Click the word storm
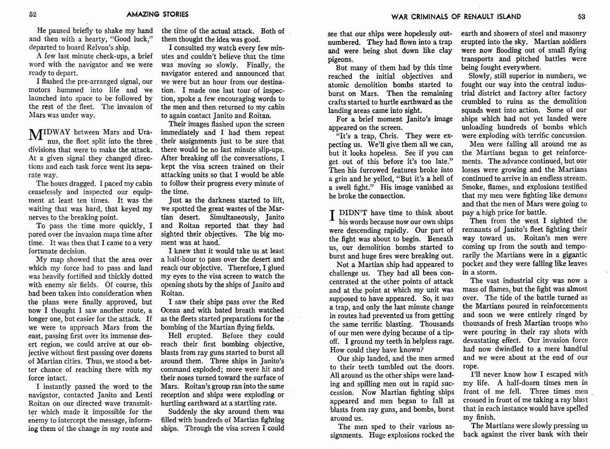pyautogui.click(x=480, y=272)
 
